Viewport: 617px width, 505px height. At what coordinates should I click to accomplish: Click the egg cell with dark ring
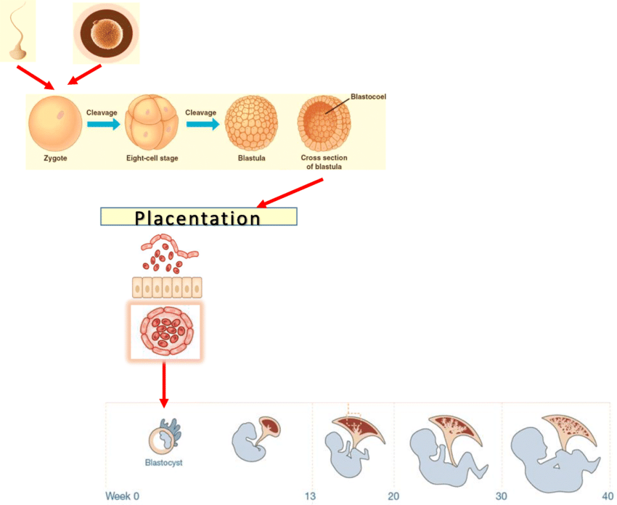[x=106, y=32]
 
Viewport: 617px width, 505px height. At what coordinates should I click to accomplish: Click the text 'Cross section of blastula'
[x=324, y=162]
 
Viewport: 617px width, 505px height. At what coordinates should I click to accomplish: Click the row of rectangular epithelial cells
[x=166, y=287]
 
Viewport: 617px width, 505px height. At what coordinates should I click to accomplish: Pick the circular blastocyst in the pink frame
[x=166, y=331]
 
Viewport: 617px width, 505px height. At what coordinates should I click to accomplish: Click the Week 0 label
[x=122, y=496]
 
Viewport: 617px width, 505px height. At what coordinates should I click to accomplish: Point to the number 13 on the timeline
[x=310, y=496]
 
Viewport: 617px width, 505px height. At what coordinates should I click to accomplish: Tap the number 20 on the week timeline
[x=394, y=496]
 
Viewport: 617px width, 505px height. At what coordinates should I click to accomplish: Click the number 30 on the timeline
[x=501, y=496]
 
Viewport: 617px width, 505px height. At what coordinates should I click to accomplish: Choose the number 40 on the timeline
[x=606, y=496]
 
